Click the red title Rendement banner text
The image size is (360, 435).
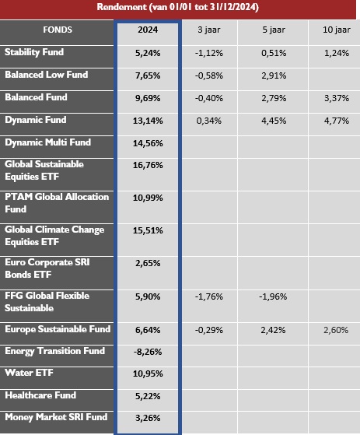tap(177, 7)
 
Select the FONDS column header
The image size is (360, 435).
tap(58, 30)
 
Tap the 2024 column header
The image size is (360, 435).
tap(148, 30)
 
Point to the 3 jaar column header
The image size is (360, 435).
tap(209, 30)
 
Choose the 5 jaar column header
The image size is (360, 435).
tap(274, 30)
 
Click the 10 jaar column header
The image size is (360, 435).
tap(337, 30)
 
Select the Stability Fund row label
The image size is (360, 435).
tap(34, 52)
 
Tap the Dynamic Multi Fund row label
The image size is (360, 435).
tap(47, 142)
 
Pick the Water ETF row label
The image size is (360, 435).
tap(29, 373)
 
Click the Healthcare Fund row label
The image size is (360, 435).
tap(40, 395)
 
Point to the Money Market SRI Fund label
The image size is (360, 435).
tap(56, 417)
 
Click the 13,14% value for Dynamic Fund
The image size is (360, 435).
tap(148, 121)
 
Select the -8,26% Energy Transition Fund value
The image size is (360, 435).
tap(148, 352)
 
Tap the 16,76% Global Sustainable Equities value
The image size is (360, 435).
tap(148, 165)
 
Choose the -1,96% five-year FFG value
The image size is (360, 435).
tap(273, 296)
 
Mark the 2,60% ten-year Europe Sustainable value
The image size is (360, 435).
tap(336, 330)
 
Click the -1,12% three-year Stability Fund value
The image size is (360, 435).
tap(209, 53)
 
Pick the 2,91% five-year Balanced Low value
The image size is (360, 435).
tap(274, 75)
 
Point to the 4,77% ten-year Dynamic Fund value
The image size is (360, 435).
tap(337, 121)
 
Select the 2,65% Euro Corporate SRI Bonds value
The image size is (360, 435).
tap(148, 263)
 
